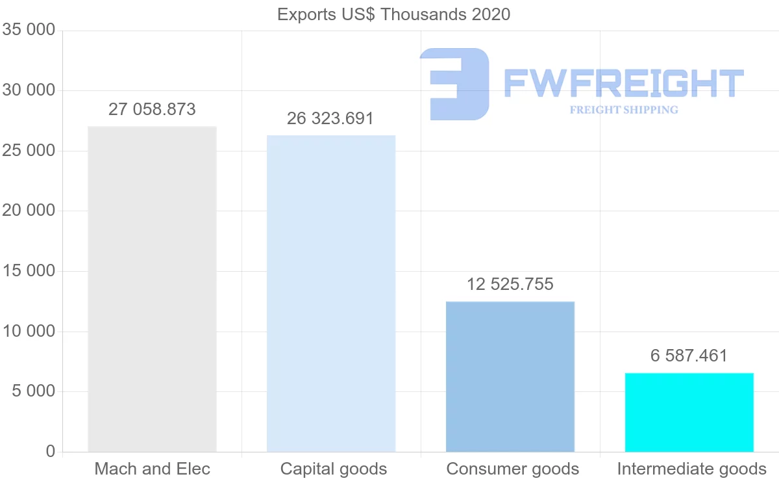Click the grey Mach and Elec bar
pos(152,289)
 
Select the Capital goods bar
pos(331,293)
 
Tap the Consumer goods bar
pos(510,376)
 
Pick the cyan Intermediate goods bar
pos(689,412)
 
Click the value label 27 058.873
pos(152,109)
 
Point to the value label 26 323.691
pos(330,118)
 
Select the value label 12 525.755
pos(510,284)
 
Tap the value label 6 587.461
pos(689,356)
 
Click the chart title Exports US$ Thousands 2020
pos(393,14)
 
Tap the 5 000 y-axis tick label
pos(33,391)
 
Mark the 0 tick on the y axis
pos(51,451)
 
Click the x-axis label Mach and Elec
pos(153,469)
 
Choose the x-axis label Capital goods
pos(334,469)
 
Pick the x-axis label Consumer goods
pos(513,469)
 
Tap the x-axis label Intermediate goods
pos(691,469)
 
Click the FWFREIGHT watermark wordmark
pos(623,83)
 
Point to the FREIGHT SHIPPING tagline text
pos(624,110)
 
